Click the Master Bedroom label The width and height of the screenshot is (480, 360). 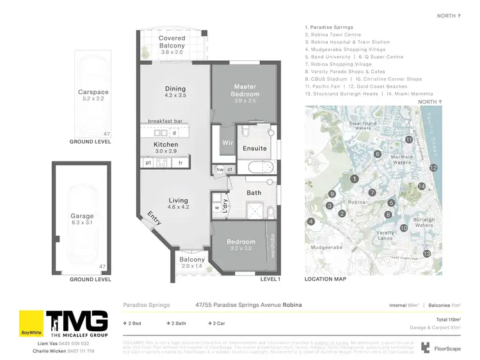coord(245,90)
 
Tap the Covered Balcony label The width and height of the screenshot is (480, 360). coord(172,42)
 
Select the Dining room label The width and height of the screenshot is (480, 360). coord(175,89)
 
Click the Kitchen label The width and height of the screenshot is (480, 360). coord(166,145)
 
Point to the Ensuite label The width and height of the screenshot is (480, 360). coord(254,149)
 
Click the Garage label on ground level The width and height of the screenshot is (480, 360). coord(82,217)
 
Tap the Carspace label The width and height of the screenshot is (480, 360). coord(92,92)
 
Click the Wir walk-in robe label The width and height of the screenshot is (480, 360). coord(226,142)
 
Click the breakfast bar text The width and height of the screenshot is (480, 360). coord(166,121)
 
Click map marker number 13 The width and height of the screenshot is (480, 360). coord(427,254)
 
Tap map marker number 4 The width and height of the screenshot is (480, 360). coord(311,222)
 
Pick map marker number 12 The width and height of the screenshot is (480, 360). coord(433,168)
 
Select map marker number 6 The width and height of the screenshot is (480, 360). coord(378,154)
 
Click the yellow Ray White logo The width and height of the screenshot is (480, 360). coord(31,325)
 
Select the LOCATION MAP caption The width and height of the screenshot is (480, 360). coord(325,279)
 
